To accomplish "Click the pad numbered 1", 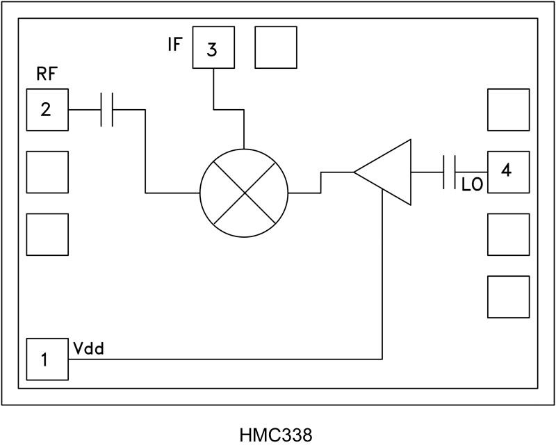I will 47,359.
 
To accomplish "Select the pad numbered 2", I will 47,110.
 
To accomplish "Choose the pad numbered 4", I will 507,171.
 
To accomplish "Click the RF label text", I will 46,76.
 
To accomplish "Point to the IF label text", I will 174,47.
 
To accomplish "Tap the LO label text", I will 473,186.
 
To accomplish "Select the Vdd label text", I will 89,348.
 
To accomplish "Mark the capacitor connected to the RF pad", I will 106,110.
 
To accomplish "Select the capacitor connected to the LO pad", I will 449,172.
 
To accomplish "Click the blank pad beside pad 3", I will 276,48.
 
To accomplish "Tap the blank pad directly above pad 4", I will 507,110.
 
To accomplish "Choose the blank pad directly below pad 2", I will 47,172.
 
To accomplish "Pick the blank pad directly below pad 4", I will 507,234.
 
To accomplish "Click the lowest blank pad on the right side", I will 507,297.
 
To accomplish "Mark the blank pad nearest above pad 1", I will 47,234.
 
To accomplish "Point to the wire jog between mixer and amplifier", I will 320,181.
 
